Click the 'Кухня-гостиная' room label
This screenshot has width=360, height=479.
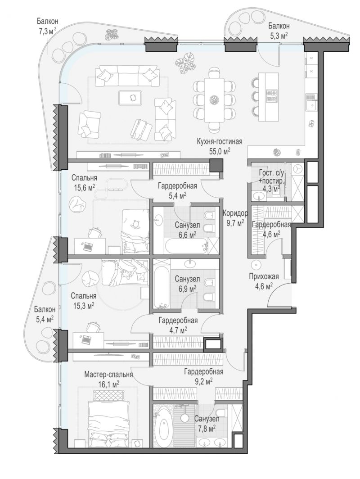pos(219,141)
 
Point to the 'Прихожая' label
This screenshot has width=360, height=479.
pos(264,277)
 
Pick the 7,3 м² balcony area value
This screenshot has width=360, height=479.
pos(47,32)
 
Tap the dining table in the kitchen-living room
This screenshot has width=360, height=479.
pos(215,100)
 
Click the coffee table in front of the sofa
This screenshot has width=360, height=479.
pos(130,98)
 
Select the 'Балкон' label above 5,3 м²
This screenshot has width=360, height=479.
pos(279,26)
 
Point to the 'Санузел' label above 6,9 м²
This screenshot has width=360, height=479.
pos(187,279)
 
